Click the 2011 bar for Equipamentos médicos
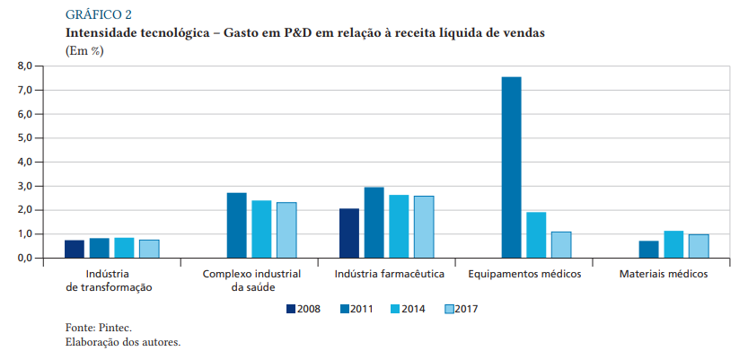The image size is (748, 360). [x=512, y=168]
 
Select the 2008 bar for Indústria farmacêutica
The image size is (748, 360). [x=349, y=233]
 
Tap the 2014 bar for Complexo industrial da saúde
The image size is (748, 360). [x=261, y=229]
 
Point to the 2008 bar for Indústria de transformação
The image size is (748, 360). [x=75, y=249]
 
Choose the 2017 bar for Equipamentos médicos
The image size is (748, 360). [x=561, y=244]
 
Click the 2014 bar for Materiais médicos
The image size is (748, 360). [x=673, y=244]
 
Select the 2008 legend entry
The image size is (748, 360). [x=303, y=309]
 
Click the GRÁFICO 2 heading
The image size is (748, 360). [x=99, y=13]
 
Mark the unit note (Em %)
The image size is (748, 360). [x=85, y=50]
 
